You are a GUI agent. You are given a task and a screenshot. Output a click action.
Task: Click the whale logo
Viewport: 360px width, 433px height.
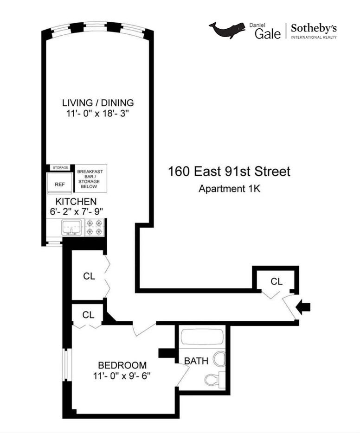coord(227,30)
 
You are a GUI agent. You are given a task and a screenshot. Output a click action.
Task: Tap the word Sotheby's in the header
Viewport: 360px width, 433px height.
coord(314,29)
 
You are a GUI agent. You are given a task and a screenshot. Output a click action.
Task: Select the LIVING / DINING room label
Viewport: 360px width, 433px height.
coord(98,103)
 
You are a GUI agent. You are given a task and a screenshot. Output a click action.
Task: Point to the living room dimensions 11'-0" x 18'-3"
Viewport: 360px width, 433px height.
coord(98,114)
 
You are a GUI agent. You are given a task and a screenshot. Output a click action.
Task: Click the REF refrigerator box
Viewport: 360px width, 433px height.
coord(60,184)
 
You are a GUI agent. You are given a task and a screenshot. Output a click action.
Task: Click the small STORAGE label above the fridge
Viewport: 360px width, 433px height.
coord(60,167)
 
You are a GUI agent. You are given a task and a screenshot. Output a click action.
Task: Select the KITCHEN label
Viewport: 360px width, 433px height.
coord(76,202)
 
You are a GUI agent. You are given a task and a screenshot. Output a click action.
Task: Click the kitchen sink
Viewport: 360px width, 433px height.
coord(71,227)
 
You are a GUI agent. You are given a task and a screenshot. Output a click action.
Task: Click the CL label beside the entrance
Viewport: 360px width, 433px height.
coord(276,281)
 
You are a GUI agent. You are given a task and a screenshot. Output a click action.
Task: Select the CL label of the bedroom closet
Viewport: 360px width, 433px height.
coord(88,315)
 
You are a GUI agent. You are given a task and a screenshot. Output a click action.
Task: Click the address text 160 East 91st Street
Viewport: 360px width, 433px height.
coord(229,172)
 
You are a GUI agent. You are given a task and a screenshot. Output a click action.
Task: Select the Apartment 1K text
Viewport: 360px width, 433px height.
coord(229,189)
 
